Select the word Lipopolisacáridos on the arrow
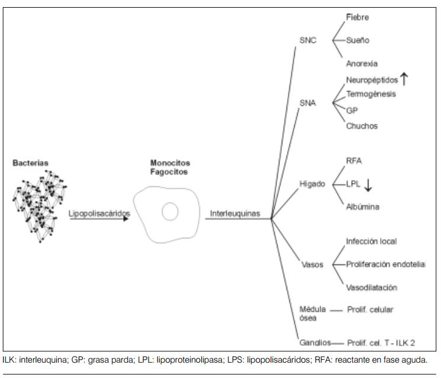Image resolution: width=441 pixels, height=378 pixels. (99, 213)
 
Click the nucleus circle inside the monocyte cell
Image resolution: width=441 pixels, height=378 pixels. (170, 211)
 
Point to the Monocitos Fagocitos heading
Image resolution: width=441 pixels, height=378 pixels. (170, 167)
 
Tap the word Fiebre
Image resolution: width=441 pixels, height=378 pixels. (358, 18)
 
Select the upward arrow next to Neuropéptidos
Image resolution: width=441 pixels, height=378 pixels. (405, 79)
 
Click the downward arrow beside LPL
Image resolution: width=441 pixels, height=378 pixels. (368, 185)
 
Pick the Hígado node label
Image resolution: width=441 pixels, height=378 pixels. (313, 184)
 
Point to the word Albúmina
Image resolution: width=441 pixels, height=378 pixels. (363, 207)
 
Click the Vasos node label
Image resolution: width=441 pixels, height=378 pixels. (312, 264)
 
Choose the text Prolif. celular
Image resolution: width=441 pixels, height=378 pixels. (370, 309)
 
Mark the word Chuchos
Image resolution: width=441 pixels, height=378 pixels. (362, 126)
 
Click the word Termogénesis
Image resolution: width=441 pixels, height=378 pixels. (371, 94)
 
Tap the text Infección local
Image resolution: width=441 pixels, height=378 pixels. (371, 241)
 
